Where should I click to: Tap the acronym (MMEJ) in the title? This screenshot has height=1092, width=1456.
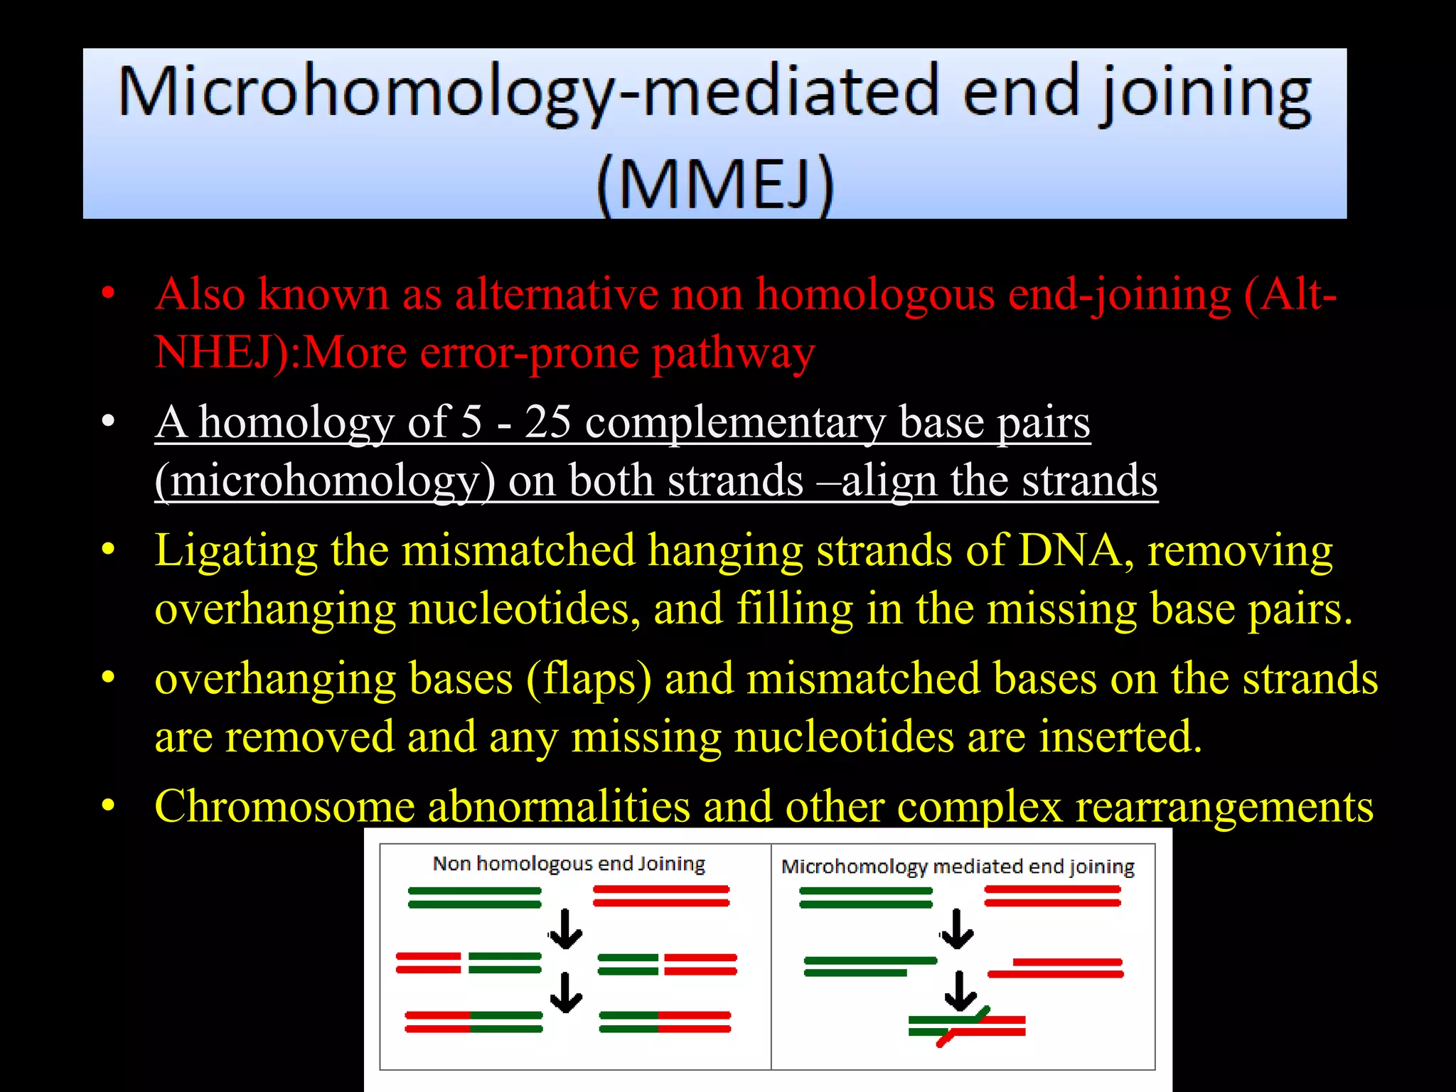[714, 183]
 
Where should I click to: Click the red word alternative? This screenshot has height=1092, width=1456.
[557, 294]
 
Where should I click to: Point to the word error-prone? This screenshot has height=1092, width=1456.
[530, 352]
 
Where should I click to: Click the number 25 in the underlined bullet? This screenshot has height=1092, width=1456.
[547, 422]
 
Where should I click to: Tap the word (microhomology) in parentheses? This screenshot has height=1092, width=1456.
[325, 481]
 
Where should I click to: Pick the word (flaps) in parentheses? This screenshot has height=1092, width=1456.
[589, 679]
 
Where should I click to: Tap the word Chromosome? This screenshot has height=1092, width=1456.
[284, 807]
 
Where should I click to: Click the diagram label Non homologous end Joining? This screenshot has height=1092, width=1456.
[569, 864]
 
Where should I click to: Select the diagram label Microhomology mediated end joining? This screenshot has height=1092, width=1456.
[958, 867]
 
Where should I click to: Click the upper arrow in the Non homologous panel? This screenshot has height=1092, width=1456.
[566, 930]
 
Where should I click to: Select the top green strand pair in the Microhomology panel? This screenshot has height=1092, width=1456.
[865, 897]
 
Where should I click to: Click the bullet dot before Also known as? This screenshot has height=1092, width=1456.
[108, 294]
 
